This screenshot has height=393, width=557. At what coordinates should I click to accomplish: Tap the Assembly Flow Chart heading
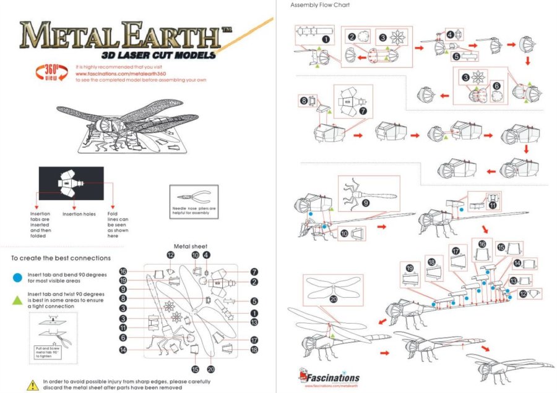point(320,5)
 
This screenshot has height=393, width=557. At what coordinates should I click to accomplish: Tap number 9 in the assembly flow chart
point(366,202)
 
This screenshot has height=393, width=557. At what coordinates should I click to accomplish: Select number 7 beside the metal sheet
point(255,272)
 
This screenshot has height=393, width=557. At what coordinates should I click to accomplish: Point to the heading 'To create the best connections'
point(61,258)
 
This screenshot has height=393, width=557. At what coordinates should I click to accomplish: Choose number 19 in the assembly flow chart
point(409,268)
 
